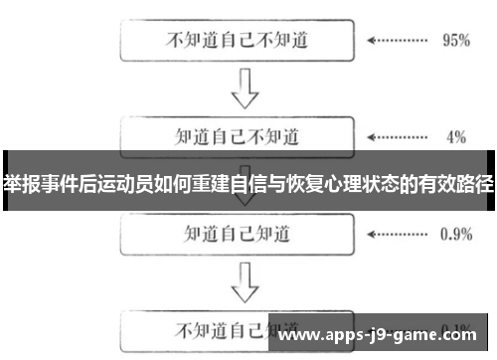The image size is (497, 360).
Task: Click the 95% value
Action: pyautogui.click(x=454, y=43)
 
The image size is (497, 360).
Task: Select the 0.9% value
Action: pyautogui.click(x=454, y=235)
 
